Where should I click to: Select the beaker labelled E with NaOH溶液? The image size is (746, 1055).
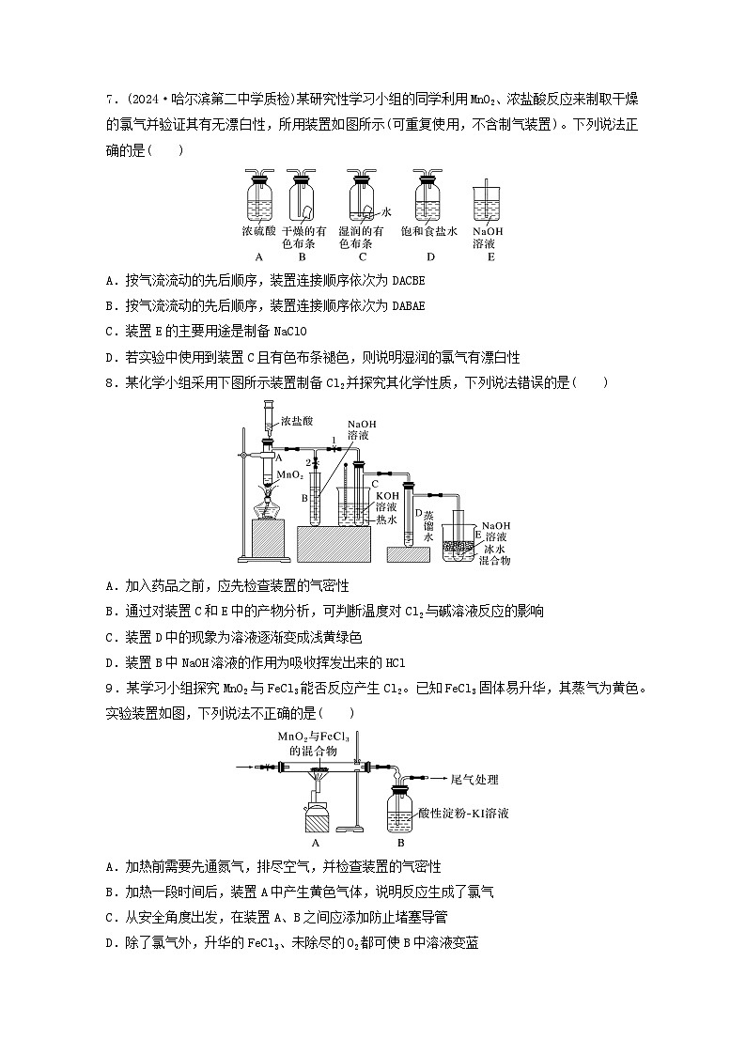487,206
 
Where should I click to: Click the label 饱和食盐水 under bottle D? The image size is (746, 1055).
429,230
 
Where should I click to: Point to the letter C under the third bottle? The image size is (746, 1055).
362,256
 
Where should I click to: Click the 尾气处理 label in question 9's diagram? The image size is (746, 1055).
474,779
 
